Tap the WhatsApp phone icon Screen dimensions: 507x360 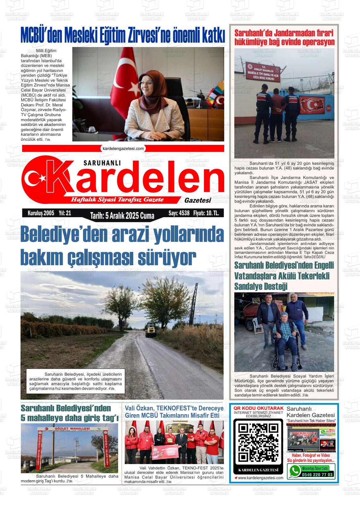[x=295, y=471]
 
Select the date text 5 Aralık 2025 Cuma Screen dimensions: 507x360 [x=122, y=216]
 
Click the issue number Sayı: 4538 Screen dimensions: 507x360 [x=179, y=213]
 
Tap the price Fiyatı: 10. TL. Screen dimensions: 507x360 [x=206, y=213]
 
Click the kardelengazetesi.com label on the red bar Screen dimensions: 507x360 [x=123, y=148]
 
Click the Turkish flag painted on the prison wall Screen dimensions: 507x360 [x=312, y=104]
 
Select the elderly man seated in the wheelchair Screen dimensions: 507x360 [x=285, y=335]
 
